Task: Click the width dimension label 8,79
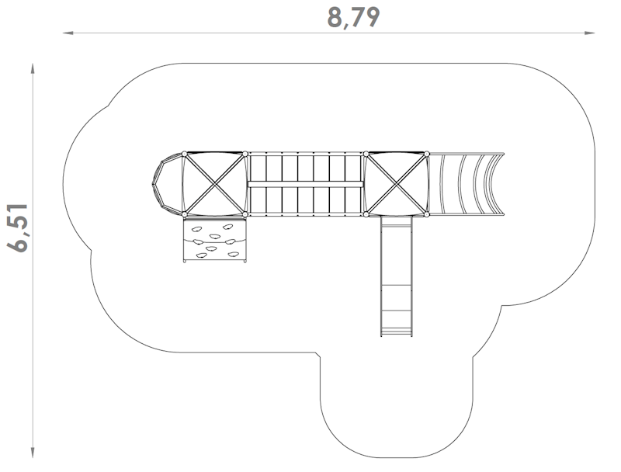[x=353, y=18]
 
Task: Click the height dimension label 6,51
[x=18, y=227]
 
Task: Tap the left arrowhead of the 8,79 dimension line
[x=68, y=33]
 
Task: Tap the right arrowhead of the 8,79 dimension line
[x=590, y=33]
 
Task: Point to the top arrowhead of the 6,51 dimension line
[x=33, y=68]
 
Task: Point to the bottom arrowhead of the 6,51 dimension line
[x=33, y=453]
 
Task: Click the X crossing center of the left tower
[x=215, y=184]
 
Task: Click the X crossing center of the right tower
[x=396, y=184]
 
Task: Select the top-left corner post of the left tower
[x=184, y=154]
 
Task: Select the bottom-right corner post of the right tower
[x=426, y=214]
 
